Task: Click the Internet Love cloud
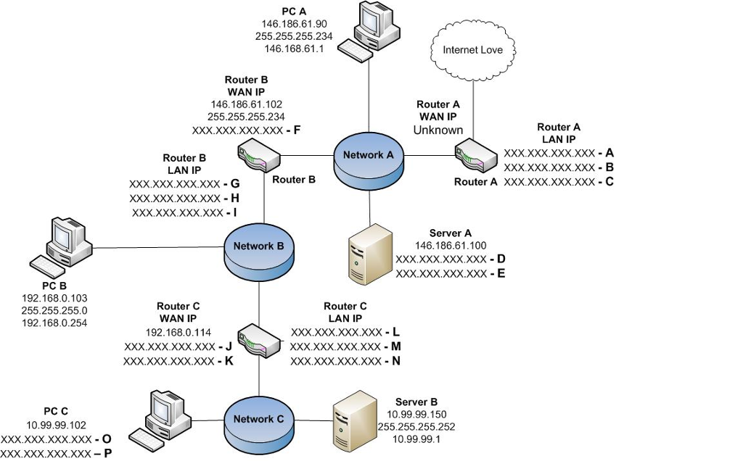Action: (x=472, y=50)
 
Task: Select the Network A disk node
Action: (x=369, y=160)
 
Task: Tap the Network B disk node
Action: (x=258, y=251)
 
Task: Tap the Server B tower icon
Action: (x=354, y=424)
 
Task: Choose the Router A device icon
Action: (x=469, y=156)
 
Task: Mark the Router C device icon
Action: (x=260, y=338)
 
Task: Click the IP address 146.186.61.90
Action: (x=294, y=24)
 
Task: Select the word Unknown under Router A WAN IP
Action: (x=438, y=130)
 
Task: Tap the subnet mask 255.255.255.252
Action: (x=416, y=427)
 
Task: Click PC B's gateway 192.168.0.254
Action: (x=55, y=323)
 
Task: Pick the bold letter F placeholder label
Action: (x=296, y=130)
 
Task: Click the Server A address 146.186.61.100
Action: (x=450, y=246)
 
